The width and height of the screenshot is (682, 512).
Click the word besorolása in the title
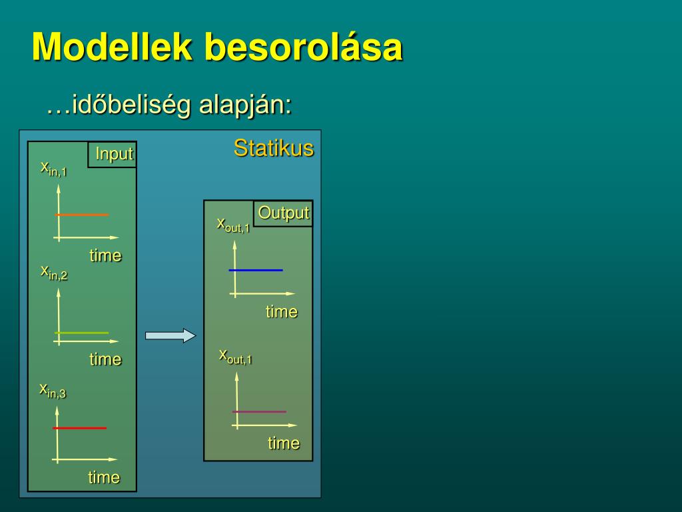(304, 48)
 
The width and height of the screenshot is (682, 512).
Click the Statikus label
(273, 148)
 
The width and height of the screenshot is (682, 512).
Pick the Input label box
(113, 154)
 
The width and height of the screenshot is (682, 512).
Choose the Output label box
(284, 213)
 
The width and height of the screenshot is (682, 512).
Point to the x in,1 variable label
(53, 168)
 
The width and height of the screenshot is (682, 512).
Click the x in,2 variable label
(54, 272)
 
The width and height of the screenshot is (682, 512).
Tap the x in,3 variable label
(53, 390)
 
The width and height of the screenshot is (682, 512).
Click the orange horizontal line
(81, 215)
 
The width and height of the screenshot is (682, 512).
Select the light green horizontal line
(81, 332)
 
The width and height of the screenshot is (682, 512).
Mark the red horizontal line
(80, 428)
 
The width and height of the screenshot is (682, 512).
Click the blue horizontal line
(256, 270)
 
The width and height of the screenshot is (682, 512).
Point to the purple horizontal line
(259, 411)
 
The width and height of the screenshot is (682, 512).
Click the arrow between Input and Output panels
(170, 336)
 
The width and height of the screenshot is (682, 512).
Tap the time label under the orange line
(106, 255)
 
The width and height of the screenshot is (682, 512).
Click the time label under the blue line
(282, 311)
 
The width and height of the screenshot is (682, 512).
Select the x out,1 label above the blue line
(233, 225)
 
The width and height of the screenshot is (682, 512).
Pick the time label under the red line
(104, 477)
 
